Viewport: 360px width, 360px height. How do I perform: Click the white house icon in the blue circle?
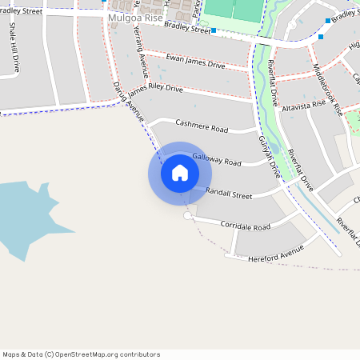click(180, 173)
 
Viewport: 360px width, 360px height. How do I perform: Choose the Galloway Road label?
click(216, 161)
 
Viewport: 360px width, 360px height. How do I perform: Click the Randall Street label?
click(229, 194)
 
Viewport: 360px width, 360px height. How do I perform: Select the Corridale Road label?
click(246, 226)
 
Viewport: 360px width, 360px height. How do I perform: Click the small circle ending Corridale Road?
click(188, 216)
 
